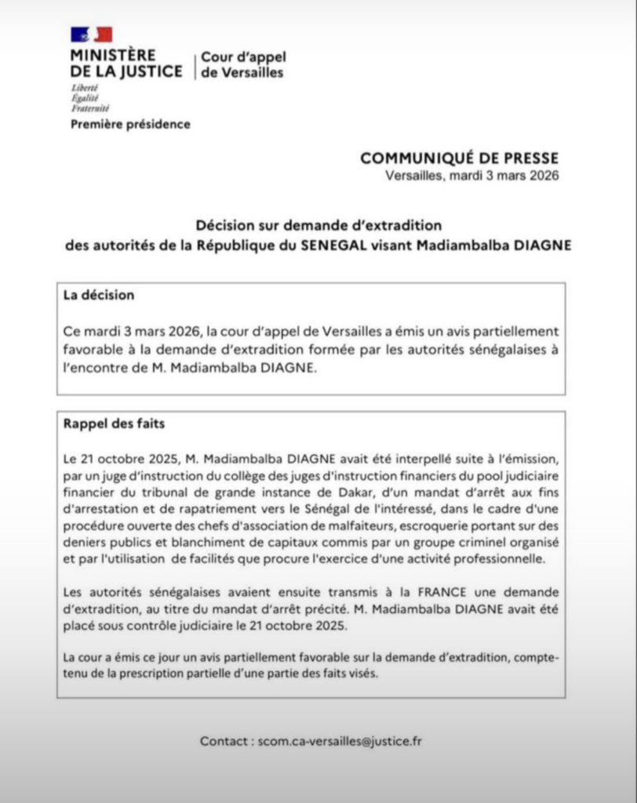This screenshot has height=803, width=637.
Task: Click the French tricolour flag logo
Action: click(x=92, y=35)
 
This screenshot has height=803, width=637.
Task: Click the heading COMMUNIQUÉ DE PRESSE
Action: click(x=460, y=158)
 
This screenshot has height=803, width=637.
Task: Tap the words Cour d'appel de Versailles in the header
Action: click(x=243, y=65)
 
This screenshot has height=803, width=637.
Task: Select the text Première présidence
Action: click(x=130, y=124)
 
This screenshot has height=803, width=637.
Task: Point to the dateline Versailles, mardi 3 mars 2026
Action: click(x=472, y=176)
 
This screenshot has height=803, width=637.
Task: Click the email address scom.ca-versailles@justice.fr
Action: click(x=340, y=740)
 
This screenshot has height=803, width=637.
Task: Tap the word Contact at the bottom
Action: click(x=225, y=740)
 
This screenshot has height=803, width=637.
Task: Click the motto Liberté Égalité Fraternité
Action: click(x=90, y=99)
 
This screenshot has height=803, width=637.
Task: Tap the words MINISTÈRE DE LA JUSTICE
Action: click(x=126, y=64)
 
